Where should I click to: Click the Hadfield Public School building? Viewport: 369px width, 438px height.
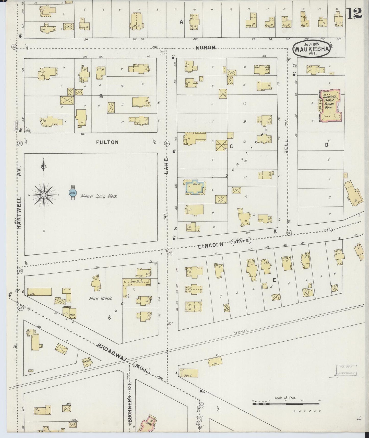[330, 106]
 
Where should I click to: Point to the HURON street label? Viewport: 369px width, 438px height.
[206, 48]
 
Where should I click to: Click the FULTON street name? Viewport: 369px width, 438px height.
[107, 142]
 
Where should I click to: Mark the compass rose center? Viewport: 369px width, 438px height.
[44, 195]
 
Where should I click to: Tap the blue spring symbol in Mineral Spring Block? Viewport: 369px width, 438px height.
[72, 193]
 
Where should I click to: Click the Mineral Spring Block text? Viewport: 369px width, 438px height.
[99, 197]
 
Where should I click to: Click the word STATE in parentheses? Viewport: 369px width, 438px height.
[242, 241]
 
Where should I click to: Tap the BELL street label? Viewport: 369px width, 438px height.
[286, 146]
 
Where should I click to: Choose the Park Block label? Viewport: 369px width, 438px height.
[101, 298]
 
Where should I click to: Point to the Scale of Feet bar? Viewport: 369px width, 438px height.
[285, 404]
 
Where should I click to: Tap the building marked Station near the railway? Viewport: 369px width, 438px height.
[87, 362]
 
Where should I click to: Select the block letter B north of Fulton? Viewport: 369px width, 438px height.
[101, 96]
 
